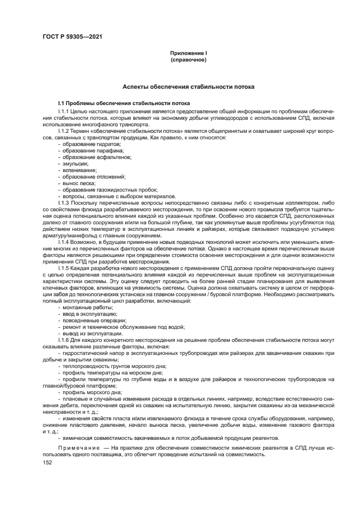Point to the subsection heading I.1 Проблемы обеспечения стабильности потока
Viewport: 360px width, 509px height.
click(x=124, y=103)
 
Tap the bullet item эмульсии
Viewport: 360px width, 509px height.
click(x=75, y=164)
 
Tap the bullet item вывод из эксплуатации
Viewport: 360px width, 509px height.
click(x=88, y=334)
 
